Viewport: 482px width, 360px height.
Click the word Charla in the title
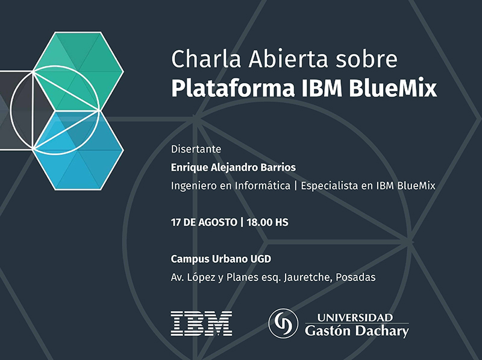point(206,58)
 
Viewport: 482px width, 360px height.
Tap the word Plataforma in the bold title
point(233,89)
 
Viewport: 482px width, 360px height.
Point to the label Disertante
point(196,149)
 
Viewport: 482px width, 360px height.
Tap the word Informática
point(263,186)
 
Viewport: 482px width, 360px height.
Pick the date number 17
point(176,223)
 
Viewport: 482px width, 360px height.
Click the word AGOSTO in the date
point(218,223)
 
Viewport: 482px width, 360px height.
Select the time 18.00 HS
point(268,223)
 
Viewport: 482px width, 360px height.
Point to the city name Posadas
point(355,277)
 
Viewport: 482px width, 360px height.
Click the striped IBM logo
point(201,323)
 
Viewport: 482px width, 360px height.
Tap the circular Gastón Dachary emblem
point(283,324)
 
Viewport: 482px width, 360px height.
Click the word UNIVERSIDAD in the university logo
point(355,318)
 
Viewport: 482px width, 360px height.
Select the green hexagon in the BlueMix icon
point(78,71)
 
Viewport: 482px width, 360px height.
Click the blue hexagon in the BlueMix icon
point(78,150)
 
